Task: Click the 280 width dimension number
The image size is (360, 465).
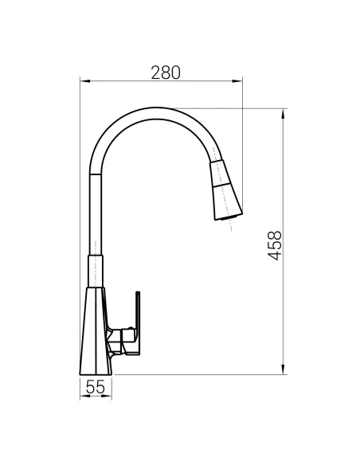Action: (166, 72)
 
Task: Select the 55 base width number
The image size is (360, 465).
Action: (96, 387)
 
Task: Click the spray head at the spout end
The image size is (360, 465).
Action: (222, 190)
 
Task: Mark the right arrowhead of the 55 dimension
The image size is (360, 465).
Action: (109, 398)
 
